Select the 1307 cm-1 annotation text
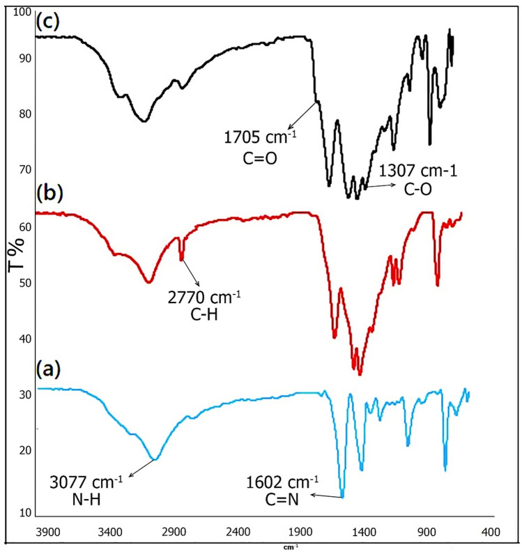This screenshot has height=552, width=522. tap(417, 170)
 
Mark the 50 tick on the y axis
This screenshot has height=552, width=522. tap(25, 283)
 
